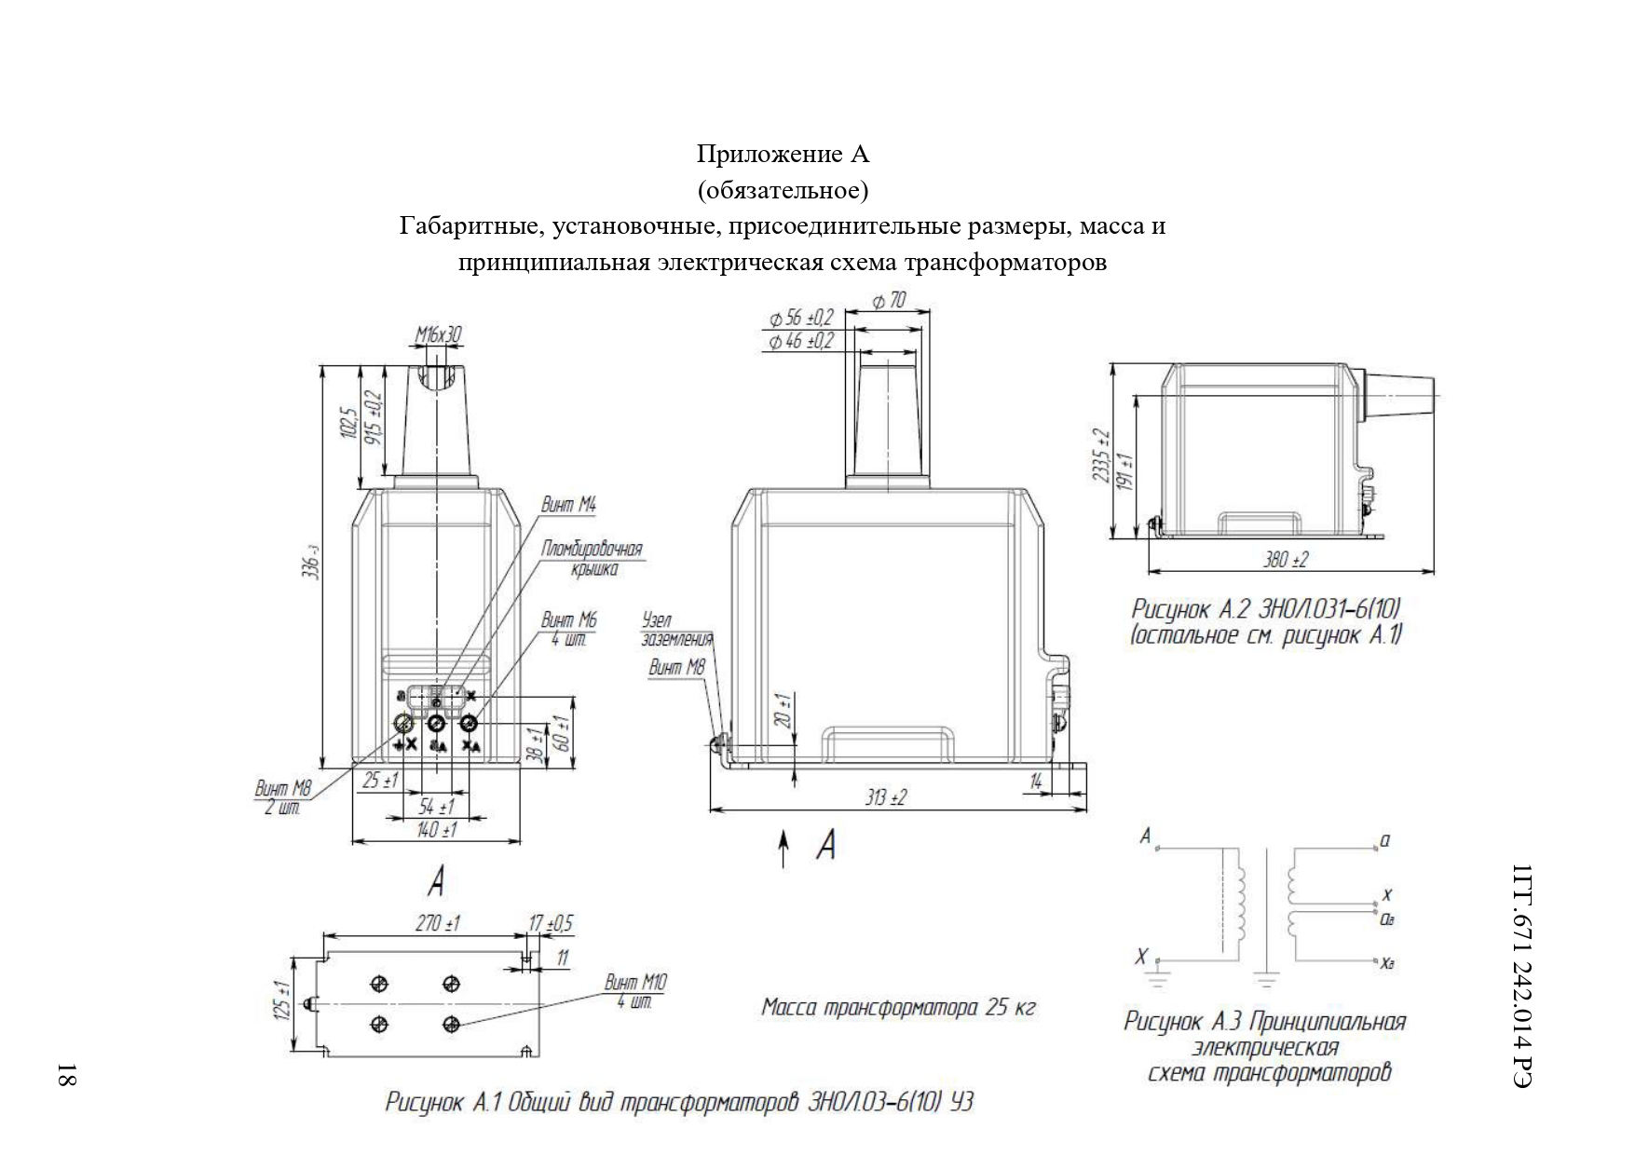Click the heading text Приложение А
783,153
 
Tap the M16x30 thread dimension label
438,334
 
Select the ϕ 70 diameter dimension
888,301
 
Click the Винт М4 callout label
568,505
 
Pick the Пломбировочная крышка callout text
592,558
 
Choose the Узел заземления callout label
676,630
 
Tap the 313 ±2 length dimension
885,797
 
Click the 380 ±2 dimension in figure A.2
1286,559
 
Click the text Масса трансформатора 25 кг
898,1007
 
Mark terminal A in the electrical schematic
1146,836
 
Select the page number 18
67,1074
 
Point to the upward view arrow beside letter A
784,850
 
